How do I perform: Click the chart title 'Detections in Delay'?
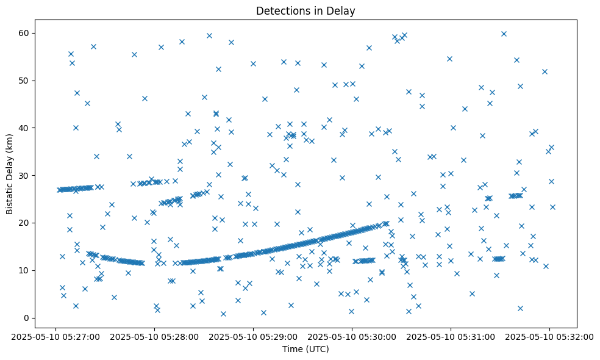tap(305, 11)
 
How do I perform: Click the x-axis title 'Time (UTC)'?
tap(305, 349)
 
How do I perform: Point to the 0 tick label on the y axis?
tap(26, 318)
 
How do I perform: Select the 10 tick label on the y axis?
tap(24, 270)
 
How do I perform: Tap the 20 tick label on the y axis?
tap(24, 223)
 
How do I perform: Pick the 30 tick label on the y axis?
tap(24, 175)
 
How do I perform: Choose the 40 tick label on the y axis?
tap(24, 128)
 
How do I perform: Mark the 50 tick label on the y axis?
tap(24, 81)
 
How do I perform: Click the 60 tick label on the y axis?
tap(24, 33)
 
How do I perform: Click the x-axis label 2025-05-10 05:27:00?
tap(56, 336)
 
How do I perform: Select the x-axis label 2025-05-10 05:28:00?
tap(155, 336)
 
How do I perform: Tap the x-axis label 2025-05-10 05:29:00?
tap(254, 336)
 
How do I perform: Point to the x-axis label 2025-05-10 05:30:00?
tap(352, 336)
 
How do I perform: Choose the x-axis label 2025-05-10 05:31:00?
tap(451, 336)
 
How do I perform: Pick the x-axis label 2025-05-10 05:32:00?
tap(549, 336)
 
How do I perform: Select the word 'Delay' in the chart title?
tap(343, 11)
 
